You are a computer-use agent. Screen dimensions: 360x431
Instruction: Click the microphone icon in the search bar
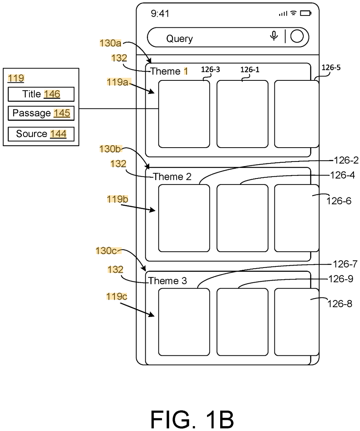pos(274,36)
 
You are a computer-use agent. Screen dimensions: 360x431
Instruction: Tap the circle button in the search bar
pos(297,36)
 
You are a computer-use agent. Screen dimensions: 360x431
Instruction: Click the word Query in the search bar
pos(179,39)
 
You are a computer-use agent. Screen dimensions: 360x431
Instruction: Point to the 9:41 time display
pos(160,14)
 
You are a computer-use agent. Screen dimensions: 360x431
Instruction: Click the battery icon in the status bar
pos(306,13)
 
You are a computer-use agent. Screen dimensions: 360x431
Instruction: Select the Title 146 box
pos(41,94)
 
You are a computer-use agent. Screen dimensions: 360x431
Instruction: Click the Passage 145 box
pos(41,113)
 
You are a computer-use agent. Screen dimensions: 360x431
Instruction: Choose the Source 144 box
pos(41,134)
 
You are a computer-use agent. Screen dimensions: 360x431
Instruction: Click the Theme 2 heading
pos(172,177)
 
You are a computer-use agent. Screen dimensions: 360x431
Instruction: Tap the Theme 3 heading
pos(168,281)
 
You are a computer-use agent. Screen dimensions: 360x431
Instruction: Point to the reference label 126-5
pos(331,67)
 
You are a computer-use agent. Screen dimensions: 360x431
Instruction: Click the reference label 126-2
pos(346,160)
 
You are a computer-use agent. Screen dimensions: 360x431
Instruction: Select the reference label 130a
pos(110,43)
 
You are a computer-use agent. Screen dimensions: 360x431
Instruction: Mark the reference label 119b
pos(117,199)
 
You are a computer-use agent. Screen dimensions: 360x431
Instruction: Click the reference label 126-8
pos(340,304)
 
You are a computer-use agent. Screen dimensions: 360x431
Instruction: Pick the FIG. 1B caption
pos(192,419)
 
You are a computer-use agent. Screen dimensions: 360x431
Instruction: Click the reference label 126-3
pos(210,69)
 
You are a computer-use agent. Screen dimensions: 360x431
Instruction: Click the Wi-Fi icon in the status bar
pos(294,13)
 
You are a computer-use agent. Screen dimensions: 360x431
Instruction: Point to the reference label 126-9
pos(341,279)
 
